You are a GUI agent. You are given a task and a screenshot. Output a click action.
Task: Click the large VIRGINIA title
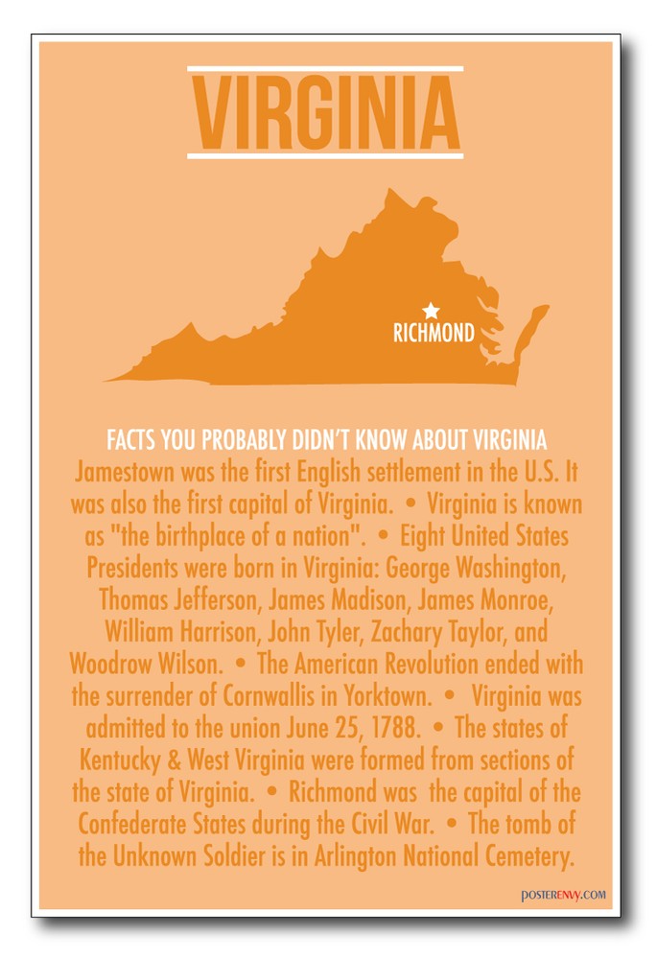(325, 113)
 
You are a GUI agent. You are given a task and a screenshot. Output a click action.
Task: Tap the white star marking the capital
(431, 311)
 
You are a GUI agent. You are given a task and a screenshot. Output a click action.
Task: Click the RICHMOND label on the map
(434, 333)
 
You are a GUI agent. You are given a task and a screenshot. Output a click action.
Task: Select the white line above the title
(325, 69)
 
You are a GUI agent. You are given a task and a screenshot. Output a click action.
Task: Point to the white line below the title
(325, 154)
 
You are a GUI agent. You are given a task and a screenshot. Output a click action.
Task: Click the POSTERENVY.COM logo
(564, 896)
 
